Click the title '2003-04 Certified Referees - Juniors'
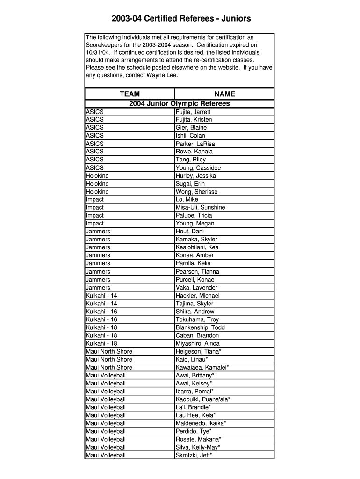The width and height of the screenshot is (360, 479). (x=181, y=19)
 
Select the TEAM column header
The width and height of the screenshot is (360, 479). (x=130, y=94)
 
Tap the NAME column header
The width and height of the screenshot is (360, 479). (x=224, y=94)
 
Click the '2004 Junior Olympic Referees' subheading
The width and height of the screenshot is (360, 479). (x=180, y=103)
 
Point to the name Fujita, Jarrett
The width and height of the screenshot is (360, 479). (x=193, y=112)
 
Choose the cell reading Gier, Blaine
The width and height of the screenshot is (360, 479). (x=191, y=128)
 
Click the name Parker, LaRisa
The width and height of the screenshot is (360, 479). (x=195, y=144)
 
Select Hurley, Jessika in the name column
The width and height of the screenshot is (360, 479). (x=195, y=176)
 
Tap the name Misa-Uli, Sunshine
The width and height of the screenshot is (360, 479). (x=200, y=208)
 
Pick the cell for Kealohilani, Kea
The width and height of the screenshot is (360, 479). (x=197, y=247)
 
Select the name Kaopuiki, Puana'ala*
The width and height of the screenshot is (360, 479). (x=203, y=399)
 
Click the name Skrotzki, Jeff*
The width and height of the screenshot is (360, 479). (x=194, y=455)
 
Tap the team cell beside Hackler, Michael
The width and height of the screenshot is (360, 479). (x=101, y=296)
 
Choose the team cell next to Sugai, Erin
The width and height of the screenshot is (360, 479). (x=97, y=184)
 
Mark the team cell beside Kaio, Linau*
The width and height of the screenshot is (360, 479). (x=109, y=360)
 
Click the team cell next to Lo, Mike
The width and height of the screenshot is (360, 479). (x=95, y=200)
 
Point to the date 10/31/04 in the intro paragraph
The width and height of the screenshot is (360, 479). (x=96, y=52)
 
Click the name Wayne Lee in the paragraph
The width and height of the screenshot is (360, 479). (x=162, y=75)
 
